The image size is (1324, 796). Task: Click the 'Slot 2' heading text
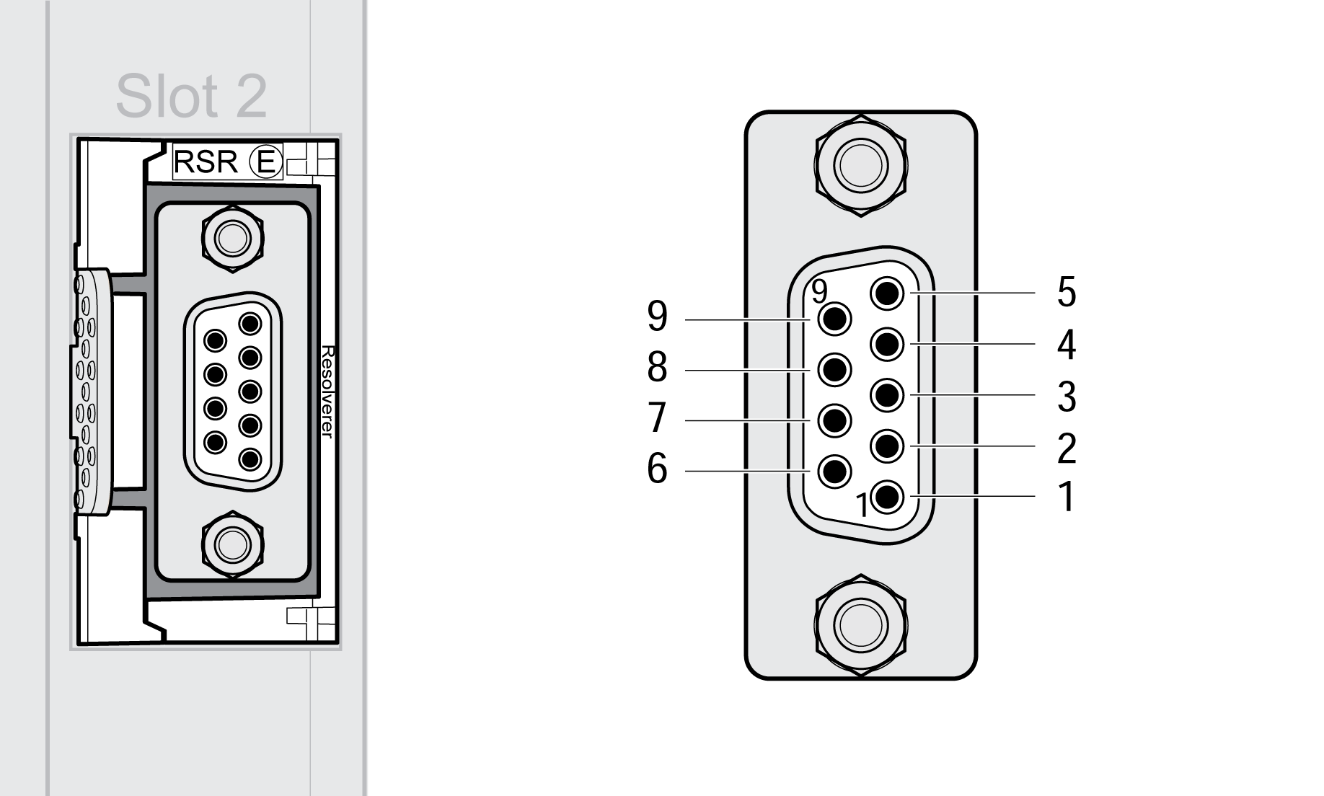[191, 96]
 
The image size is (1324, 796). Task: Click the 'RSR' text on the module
[206, 162]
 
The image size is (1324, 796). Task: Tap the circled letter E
[266, 162]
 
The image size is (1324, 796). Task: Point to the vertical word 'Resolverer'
[327, 392]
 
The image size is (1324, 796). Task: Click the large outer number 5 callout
[1067, 292]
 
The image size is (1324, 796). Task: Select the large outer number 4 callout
[1067, 345]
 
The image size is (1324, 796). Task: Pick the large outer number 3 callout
[1067, 396]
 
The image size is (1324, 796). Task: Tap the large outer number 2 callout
[1067, 448]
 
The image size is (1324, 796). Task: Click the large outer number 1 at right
[1067, 497]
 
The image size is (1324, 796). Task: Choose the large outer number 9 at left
[657, 317]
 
